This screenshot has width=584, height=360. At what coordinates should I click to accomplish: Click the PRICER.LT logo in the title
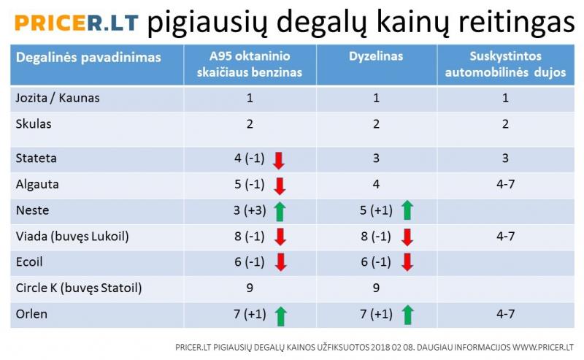click(77, 23)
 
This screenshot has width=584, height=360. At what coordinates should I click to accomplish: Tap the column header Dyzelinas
click(376, 56)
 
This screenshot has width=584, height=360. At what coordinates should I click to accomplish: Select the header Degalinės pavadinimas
click(88, 58)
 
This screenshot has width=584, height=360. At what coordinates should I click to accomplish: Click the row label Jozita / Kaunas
click(58, 98)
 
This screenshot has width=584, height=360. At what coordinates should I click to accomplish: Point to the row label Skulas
click(34, 123)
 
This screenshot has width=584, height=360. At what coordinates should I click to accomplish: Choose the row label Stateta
click(36, 158)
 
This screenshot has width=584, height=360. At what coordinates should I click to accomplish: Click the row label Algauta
click(37, 185)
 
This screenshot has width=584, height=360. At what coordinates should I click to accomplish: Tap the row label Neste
click(32, 210)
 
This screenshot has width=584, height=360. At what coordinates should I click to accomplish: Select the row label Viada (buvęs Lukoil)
click(72, 237)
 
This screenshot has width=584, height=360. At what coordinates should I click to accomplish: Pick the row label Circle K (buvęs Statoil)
click(79, 288)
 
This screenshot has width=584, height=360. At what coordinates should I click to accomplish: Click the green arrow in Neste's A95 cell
click(280, 211)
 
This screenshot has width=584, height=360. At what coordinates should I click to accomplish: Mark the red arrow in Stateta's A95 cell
click(279, 160)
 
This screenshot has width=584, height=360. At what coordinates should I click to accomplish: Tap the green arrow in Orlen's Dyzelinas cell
click(408, 315)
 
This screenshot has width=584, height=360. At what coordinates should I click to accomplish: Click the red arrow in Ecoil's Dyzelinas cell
click(407, 262)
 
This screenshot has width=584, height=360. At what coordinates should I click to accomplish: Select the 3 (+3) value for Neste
click(250, 210)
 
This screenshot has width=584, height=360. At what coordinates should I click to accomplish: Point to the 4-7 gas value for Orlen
click(505, 314)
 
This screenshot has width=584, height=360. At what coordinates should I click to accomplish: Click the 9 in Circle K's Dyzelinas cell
click(376, 288)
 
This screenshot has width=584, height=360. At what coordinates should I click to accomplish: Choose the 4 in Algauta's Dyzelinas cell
click(376, 184)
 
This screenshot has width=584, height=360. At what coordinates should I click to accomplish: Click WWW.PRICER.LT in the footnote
click(542, 348)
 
